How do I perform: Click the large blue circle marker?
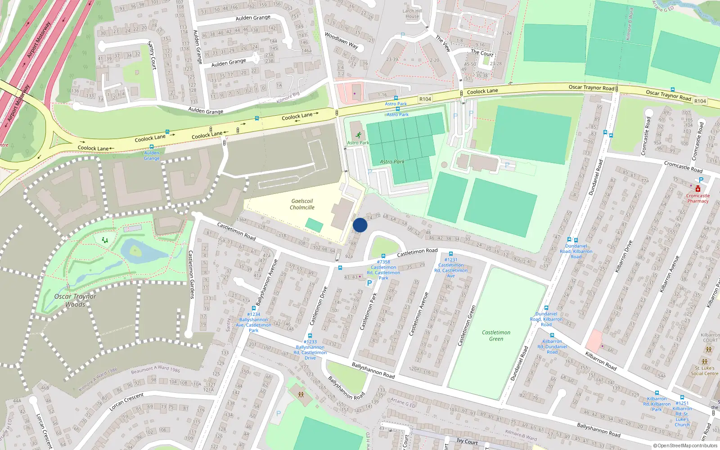click(x=360, y=225)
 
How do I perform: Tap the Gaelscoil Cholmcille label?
click(x=302, y=204)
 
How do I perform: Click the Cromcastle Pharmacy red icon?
click(x=697, y=189)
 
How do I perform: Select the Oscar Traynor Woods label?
click(x=75, y=300)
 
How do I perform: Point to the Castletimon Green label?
click(x=496, y=336)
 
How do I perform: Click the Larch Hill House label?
click(x=412, y=13)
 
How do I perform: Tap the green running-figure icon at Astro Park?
click(x=358, y=135)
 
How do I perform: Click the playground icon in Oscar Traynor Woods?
click(x=105, y=240)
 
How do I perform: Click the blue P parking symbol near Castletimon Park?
click(x=369, y=283)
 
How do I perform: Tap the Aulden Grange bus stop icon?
click(x=152, y=147)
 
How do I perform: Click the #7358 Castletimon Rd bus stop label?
click(x=383, y=270)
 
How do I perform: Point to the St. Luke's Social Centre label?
click(x=704, y=370)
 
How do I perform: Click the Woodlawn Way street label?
click(x=342, y=40)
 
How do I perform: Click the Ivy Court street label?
click(x=467, y=441)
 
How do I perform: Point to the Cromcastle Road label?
click(x=683, y=166)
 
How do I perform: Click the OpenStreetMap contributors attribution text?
click(x=685, y=446)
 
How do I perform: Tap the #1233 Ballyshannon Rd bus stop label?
click(x=310, y=350)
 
